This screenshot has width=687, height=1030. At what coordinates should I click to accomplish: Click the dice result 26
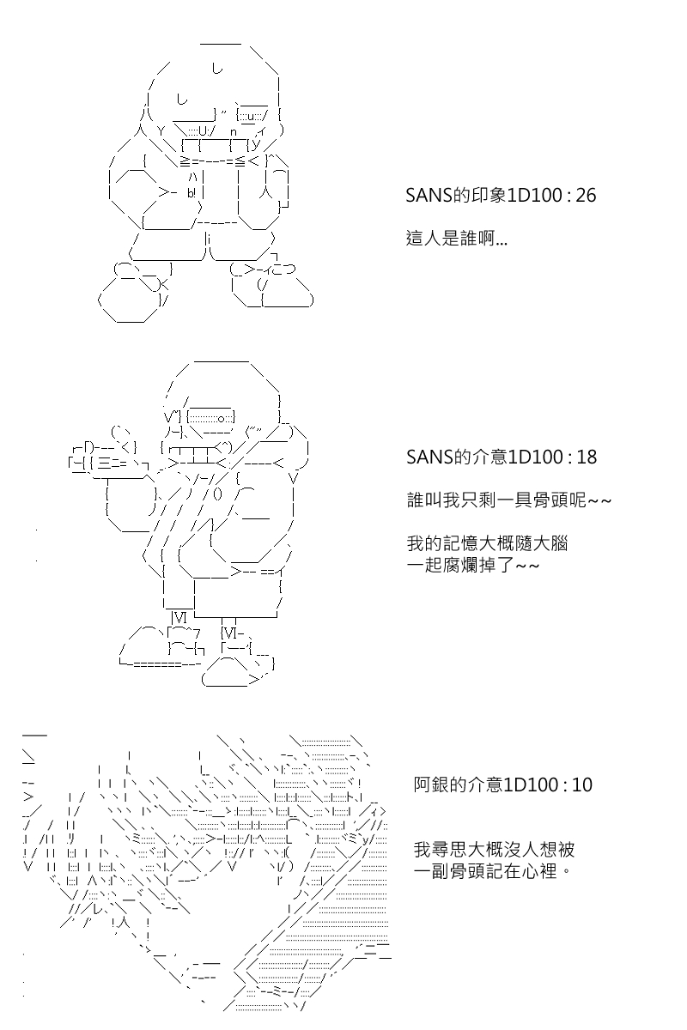pos(586,196)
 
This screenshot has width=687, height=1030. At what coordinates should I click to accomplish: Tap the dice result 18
pos(587,457)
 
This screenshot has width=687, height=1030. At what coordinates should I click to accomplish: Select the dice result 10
pos(581,785)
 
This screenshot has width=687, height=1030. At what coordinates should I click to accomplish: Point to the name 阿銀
pos(431,785)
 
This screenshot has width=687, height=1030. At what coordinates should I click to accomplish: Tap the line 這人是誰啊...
pos(457,239)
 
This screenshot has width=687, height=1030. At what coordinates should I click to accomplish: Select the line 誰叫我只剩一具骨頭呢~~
pos(509,500)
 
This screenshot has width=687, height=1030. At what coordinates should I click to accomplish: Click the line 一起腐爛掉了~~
pos(473,565)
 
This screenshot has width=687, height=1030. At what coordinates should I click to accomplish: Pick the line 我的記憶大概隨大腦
pos(487,543)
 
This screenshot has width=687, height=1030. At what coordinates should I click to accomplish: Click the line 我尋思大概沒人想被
pos(494,849)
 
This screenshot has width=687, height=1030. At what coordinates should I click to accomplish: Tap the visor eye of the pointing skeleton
pos(210,418)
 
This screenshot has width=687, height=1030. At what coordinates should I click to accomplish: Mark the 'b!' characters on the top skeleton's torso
pos(192,193)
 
